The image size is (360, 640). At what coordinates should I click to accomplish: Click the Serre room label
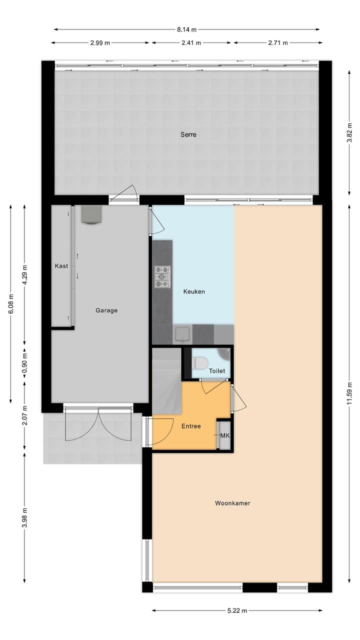tap(188, 134)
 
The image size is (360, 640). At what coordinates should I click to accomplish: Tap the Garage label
tap(106, 310)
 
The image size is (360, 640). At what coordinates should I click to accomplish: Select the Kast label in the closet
tap(61, 266)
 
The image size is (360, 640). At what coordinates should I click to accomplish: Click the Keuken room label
tap(194, 291)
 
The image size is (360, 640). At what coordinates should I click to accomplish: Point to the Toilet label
tap(217, 371)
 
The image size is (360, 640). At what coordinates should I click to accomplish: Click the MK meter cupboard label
tap(225, 435)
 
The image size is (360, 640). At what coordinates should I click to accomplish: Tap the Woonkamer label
tap(232, 503)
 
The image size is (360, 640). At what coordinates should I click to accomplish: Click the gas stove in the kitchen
tap(162, 276)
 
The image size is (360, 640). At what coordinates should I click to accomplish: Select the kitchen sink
tap(182, 334)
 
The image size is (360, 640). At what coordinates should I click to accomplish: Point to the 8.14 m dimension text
tap(186, 29)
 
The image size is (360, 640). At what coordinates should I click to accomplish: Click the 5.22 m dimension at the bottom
tap(237, 610)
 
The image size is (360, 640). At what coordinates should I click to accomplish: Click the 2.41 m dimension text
tap(192, 43)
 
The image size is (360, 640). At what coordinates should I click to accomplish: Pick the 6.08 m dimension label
tap(11, 304)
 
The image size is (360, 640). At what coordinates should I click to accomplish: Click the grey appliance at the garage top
tap(91, 215)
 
